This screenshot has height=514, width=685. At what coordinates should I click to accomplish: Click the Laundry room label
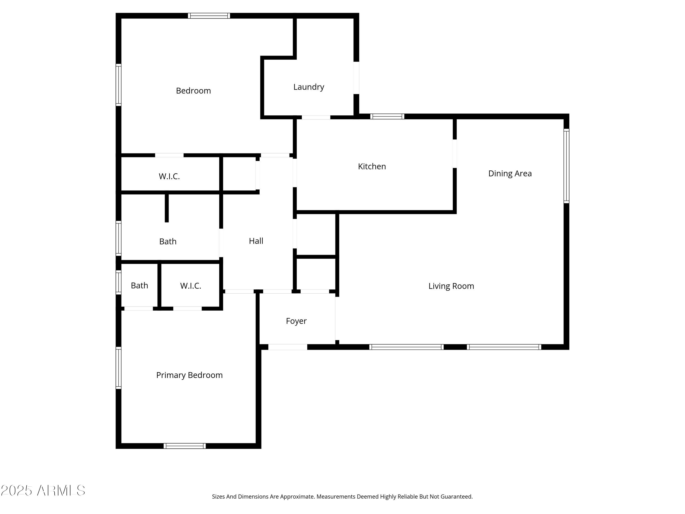click(308, 87)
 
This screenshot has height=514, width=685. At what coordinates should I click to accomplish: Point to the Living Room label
click(451, 286)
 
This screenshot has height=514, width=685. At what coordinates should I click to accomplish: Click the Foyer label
click(296, 321)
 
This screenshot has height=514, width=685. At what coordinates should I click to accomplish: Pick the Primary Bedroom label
click(189, 375)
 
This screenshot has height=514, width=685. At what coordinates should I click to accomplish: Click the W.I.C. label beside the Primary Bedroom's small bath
click(190, 286)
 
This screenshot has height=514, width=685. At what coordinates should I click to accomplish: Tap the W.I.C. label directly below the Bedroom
click(169, 176)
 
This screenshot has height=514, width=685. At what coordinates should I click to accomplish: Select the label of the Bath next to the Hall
click(168, 241)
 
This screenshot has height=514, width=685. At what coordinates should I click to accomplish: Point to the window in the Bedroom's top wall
click(209, 16)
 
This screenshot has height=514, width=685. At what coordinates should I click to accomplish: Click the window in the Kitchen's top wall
click(387, 117)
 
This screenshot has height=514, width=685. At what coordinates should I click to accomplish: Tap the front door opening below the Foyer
click(287, 347)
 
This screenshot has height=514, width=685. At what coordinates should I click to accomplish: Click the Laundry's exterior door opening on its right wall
click(356, 78)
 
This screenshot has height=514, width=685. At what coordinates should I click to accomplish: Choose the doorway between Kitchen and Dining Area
click(455, 154)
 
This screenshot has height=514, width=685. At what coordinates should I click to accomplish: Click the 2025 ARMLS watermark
click(43, 490)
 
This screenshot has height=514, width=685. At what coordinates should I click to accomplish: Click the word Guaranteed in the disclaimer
click(456, 497)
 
